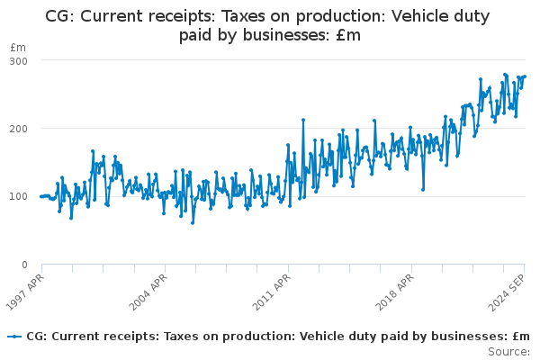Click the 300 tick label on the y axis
pyautogui.click(x=19, y=60)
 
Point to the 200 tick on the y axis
pyautogui.click(x=19, y=129)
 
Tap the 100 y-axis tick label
pyautogui.click(x=19, y=196)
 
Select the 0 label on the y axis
pyautogui.click(x=24, y=265)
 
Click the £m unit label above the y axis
pyautogui.click(x=18, y=47)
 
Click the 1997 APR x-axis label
pyautogui.click(x=25, y=291)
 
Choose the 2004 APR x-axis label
pyautogui.click(x=148, y=291)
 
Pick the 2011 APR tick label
pyautogui.click(x=272, y=291)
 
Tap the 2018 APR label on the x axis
pyautogui.click(x=394, y=291)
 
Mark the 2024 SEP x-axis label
pyautogui.click(x=508, y=291)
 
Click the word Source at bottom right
pyautogui.click(x=508, y=351)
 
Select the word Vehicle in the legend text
pyautogui.click(x=307, y=337)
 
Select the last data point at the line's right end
pyautogui.click(x=525, y=76)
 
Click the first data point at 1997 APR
pyautogui.click(x=41, y=196)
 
